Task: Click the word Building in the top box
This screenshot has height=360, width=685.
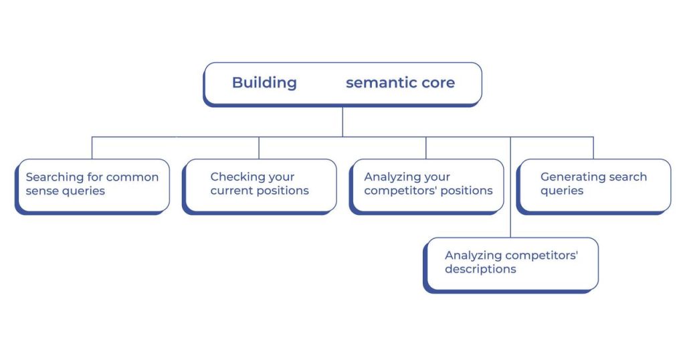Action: point(264,82)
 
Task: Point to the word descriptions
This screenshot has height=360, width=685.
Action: point(480,269)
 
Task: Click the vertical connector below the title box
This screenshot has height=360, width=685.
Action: point(342,122)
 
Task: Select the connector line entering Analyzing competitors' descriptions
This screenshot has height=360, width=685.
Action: point(510,187)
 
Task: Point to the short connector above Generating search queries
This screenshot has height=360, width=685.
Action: point(593,148)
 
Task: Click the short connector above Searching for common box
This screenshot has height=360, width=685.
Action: point(92,148)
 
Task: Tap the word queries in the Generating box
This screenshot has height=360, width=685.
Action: point(562,191)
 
